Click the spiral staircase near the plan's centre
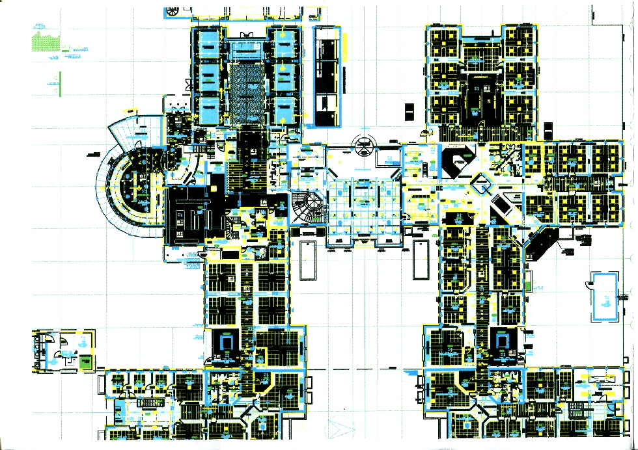307,207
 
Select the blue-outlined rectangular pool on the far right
603,296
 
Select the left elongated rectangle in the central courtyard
307,260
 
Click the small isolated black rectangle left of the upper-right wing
409,112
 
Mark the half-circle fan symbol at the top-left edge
174,12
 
